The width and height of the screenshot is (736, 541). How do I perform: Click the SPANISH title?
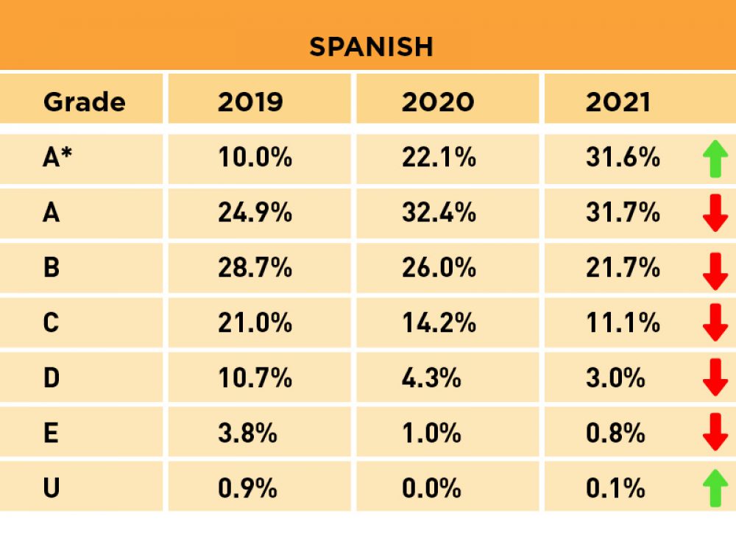(371, 47)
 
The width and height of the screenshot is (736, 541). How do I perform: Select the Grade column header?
(84, 102)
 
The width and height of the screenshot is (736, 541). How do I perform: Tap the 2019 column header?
(250, 102)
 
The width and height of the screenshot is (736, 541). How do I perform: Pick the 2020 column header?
(438, 102)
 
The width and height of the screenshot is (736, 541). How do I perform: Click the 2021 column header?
(618, 102)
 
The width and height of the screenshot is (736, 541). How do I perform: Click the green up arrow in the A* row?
(715, 158)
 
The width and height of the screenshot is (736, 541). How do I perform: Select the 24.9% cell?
(255, 213)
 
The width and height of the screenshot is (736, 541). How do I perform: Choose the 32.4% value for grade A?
(439, 213)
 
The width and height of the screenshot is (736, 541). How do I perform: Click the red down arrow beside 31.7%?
(715, 214)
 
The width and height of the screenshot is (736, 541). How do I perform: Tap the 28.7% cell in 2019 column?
(255, 268)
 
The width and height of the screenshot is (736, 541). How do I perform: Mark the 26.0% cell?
(439, 268)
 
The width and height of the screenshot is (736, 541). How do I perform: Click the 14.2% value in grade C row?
(439, 323)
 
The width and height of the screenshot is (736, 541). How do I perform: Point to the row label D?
(51, 378)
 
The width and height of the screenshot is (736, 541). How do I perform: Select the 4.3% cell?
(431, 378)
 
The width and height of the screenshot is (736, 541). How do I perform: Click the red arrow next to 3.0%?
(715, 378)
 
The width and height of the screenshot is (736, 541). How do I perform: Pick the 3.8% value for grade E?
(247, 434)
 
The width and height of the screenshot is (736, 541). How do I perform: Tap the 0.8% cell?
(615, 434)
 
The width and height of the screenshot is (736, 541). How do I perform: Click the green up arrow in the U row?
(715, 489)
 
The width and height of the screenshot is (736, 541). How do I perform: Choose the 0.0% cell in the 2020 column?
(431, 489)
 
